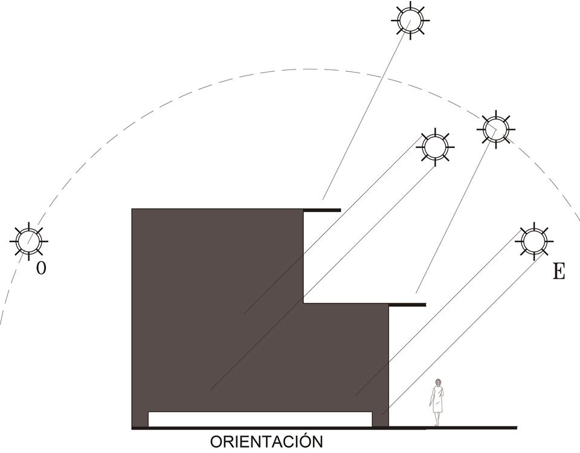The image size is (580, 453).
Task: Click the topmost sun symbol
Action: click(410, 21)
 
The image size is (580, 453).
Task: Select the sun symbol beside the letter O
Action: click(28, 241)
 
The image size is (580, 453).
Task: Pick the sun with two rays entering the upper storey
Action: click(435, 147)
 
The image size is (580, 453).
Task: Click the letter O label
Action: click(41, 268)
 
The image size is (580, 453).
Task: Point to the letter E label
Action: click(558, 272)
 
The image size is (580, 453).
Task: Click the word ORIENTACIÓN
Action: click(266, 442)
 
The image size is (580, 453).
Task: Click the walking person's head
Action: click(439, 382)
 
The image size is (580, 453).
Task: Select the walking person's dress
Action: click(437, 399)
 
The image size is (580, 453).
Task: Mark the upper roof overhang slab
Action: click(322, 210)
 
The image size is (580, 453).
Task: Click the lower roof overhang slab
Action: click(407, 304)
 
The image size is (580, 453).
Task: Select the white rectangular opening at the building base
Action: click(260, 419)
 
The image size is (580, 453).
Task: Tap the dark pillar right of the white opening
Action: click(380, 419)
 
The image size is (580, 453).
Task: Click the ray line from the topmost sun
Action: click(366, 110)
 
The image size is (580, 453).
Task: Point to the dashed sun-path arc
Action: click(309, 69)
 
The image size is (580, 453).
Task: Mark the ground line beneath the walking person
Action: click(453, 428)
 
